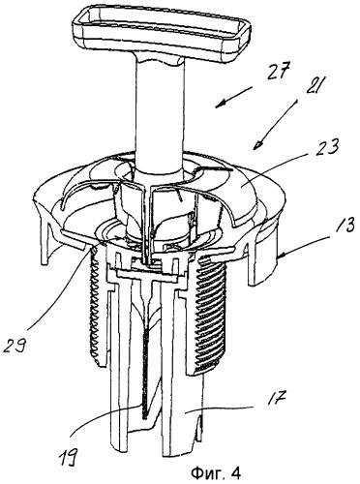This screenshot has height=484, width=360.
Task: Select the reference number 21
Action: tap(312, 85)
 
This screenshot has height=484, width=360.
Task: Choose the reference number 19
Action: tap(68, 454)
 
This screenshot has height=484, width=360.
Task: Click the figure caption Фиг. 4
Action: tap(216, 473)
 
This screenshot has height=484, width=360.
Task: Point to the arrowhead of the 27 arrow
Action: tap(219, 104)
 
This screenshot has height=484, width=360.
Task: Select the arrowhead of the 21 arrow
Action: tap(258, 145)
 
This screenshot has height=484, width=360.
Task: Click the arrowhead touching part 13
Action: tap(281, 257)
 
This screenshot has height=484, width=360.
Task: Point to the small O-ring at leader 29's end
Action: tap(94, 250)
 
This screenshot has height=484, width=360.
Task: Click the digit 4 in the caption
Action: tap(236, 473)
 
